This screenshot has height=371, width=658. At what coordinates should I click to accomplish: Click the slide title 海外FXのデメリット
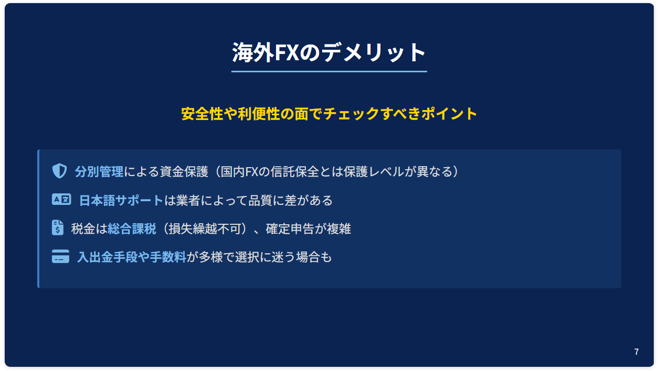click(329, 52)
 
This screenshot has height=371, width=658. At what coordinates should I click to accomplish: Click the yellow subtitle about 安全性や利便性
click(329, 114)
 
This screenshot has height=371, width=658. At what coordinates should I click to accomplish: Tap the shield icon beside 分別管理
click(59, 171)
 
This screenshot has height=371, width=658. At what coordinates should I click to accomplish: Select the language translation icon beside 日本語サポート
click(61, 200)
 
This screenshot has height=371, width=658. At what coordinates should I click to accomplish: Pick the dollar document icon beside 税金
click(58, 227)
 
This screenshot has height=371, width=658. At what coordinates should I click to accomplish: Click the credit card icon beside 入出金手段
click(60, 256)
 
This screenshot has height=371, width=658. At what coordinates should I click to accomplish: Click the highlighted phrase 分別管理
click(99, 171)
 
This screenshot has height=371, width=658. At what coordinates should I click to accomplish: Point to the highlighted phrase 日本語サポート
click(121, 200)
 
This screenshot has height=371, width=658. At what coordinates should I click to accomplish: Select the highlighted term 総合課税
click(132, 229)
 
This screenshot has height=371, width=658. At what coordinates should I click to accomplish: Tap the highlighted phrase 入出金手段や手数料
click(132, 257)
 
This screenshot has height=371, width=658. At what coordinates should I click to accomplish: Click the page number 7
click(636, 352)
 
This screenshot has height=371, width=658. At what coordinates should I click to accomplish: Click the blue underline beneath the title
click(329, 71)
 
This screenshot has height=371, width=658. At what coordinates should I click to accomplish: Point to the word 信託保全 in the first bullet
click(295, 171)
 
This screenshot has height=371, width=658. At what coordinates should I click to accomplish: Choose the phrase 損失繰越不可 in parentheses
click(205, 229)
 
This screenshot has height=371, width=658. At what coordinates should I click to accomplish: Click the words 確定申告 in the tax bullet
click(290, 229)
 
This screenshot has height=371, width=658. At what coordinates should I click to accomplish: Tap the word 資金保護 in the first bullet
click(184, 171)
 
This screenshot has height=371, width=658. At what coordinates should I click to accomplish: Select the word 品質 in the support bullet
click(260, 200)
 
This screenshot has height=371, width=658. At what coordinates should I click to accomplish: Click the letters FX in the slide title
click(286, 53)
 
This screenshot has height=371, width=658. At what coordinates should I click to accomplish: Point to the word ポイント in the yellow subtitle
click(449, 114)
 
